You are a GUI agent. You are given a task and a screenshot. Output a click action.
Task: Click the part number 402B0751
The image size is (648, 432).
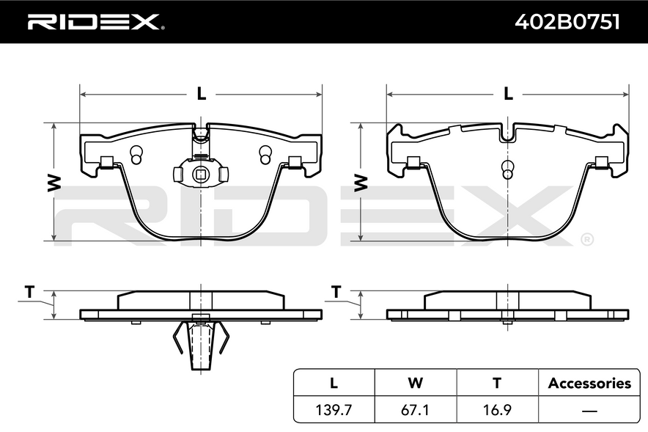pos(567,22)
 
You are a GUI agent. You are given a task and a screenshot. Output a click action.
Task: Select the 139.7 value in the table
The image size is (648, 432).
pos(334,410)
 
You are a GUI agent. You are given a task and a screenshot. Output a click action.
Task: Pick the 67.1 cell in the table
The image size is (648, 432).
pos(415,410)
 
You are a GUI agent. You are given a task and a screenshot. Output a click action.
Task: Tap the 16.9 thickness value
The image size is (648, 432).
pos(497,410)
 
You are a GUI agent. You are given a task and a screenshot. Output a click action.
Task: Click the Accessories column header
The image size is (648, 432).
pos(589,383)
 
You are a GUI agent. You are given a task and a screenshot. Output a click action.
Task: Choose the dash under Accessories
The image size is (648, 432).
pos(589,411)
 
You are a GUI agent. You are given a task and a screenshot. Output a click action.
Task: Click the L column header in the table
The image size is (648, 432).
pos(334,383)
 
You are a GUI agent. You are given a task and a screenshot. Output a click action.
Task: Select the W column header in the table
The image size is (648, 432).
pos(416,383)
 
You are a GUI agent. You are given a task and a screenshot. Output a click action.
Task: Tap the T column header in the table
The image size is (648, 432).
pos(497,383)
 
